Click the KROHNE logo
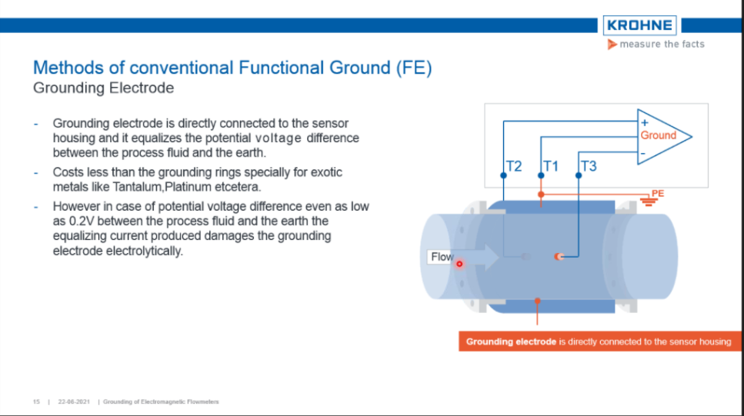coord(639,25)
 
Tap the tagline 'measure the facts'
coord(661,45)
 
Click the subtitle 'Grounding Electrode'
coord(103,88)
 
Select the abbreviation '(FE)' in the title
coord(414,68)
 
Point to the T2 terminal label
coord(514,166)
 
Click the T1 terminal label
coord(551,166)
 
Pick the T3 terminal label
coord(588,166)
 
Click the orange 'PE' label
coord(657,193)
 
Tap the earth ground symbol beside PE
coord(650,202)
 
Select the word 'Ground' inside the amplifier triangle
coord(658,135)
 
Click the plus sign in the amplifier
coord(644,121)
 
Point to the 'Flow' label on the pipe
coord(442,257)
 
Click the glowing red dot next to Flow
coord(459,264)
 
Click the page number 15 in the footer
coord(36,402)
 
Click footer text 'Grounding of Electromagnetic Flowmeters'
coord(161,402)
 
